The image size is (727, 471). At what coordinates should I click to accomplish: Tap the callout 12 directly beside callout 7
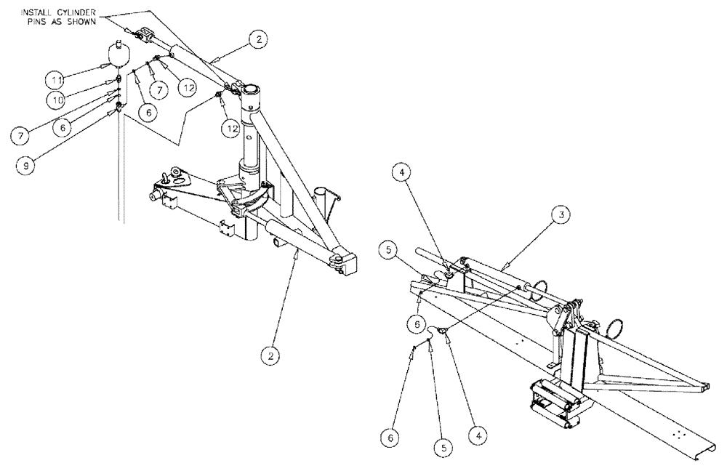188,86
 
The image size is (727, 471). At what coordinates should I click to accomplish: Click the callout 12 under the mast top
231,128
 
